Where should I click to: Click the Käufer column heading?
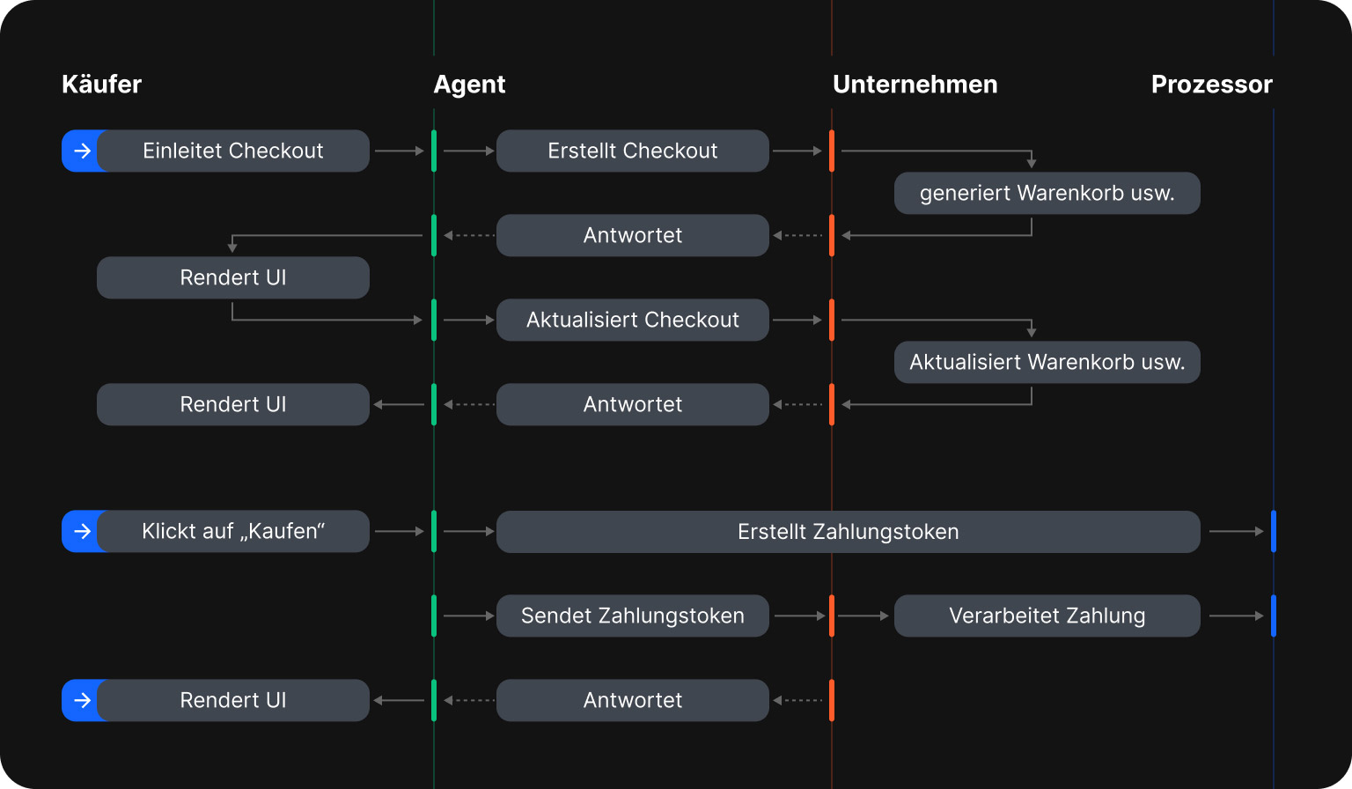pyautogui.click(x=101, y=85)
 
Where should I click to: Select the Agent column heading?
pyautogui.click(x=469, y=85)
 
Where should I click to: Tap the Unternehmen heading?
pyautogui.click(x=915, y=85)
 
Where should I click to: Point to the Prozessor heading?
pyautogui.click(x=1211, y=85)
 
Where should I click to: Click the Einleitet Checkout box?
pyautogui.click(x=232, y=151)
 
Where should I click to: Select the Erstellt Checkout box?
pyautogui.click(x=632, y=151)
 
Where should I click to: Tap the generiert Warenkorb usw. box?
pyautogui.click(x=1047, y=193)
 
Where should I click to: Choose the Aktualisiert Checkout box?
pyautogui.click(x=632, y=320)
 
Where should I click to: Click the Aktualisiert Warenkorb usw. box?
pyautogui.click(x=1047, y=362)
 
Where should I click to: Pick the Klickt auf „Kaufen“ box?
pyautogui.click(x=232, y=531)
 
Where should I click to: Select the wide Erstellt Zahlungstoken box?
pyautogui.click(x=848, y=531)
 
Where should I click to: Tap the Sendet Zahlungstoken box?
pyautogui.click(x=632, y=616)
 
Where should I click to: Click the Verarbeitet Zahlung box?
pyautogui.click(x=1047, y=616)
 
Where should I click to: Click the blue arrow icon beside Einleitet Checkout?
pyautogui.click(x=81, y=151)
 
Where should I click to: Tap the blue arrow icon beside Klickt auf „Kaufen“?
pyautogui.click(x=81, y=531)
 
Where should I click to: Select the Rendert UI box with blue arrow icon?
pyautogui.click(x=232, y=700)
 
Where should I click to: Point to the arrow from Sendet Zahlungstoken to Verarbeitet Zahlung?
pyautogui.click(x=863, y=616)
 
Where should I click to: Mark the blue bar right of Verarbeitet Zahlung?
pyautogui.click(x=1273, y=616)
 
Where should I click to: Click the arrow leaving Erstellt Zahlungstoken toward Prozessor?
pyautogui.click(x=1236, y=531)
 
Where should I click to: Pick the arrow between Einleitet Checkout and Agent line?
pyautogui.click(x=400, y=151)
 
